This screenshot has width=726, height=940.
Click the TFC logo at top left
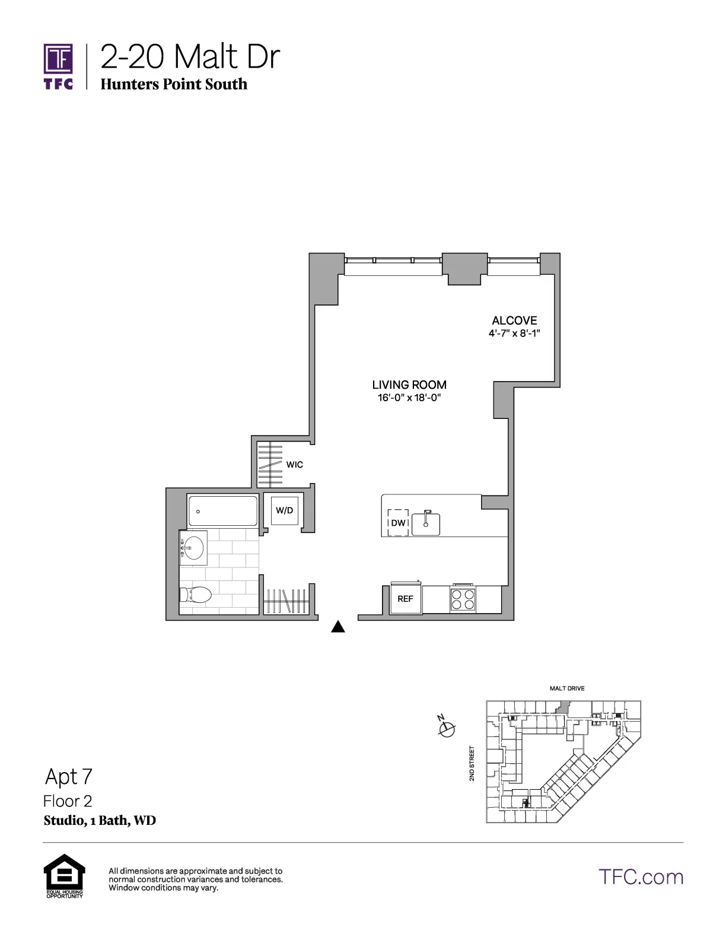pos(59,65)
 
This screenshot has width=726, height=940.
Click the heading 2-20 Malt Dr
pos(190,58)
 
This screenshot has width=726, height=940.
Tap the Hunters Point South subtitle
pos(174,84)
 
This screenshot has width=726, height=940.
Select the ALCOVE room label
pos(514,320)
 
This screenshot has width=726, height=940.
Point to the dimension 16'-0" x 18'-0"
pos(409,398)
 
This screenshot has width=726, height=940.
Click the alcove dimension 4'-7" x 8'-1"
pos(514,334)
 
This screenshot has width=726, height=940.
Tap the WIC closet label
pos(295,465)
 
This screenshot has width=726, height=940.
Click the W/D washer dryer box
pos(284,510)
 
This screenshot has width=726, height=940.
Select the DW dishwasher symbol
pos(399,523)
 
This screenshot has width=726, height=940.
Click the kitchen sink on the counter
pos(426,523)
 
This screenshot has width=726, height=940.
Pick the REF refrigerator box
pos(406,598)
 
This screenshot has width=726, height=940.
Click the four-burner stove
pos(463,599)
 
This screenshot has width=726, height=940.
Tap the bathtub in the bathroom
pos(223,510)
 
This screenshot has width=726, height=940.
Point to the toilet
pos(196,595)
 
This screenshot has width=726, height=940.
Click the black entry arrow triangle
pos(337,627)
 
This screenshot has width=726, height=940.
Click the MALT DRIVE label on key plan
pos(567,688)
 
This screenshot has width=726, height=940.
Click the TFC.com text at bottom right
pos(641,877)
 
